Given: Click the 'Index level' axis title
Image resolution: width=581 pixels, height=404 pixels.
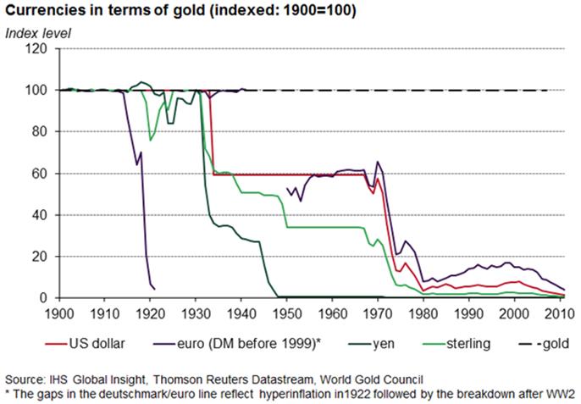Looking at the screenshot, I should [x=39, y=33].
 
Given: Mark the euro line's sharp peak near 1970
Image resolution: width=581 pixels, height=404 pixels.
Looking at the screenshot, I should [x=377, y=161].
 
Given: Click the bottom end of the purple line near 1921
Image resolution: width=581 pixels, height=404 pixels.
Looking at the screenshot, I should [x=154, y=288].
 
